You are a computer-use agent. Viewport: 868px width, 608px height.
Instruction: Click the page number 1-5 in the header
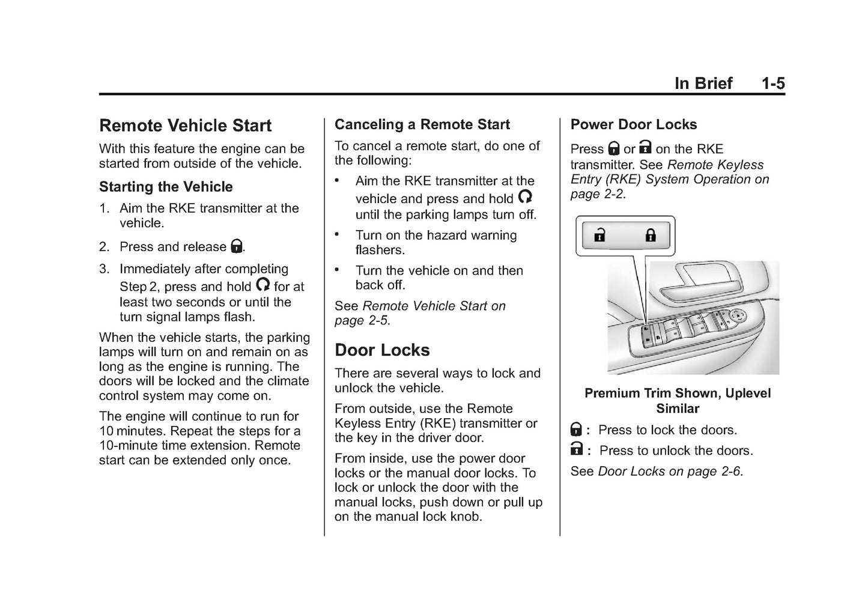[772, 84]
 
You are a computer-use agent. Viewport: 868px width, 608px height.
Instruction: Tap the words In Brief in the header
[703, 84]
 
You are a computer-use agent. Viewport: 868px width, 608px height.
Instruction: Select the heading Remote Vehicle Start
[185, 126]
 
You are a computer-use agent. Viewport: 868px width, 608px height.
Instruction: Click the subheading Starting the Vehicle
[166, 187]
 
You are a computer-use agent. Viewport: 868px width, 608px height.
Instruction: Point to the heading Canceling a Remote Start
[422, 124]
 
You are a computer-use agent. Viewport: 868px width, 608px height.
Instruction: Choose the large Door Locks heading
[382, 350]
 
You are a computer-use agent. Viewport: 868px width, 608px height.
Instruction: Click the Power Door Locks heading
[634, 124]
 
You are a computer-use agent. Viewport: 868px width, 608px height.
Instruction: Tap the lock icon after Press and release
[237, 246]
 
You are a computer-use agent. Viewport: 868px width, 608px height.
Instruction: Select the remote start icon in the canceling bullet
[525, 196]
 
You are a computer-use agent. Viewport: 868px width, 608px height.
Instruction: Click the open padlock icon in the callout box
[599, 235]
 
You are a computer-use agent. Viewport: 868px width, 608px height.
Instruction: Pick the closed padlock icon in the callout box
[651, 235]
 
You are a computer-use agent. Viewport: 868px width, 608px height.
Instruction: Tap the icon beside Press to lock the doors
[576, 430]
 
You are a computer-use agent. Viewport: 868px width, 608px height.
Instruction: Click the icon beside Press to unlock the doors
[576, 449]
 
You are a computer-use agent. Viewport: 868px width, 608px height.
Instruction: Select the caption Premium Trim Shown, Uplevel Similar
[677, 401]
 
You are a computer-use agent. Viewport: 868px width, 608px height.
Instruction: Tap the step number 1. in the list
[105, 208]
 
